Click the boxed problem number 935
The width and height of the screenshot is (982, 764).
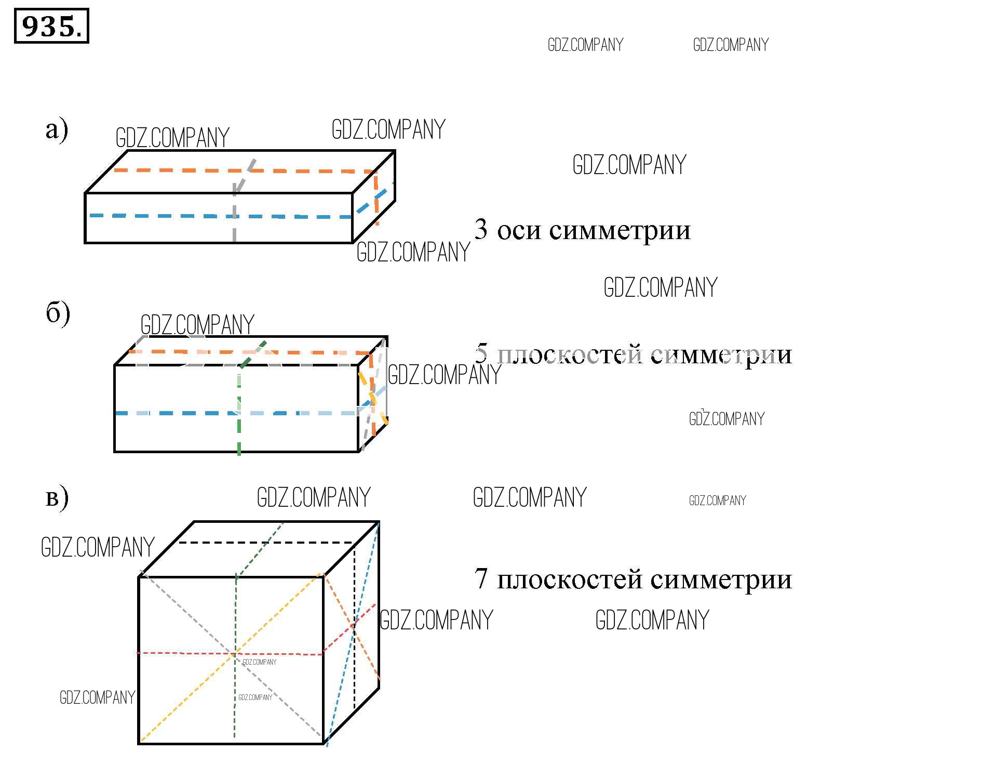coord(51,26)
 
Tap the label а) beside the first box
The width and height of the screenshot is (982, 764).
coord(57,129)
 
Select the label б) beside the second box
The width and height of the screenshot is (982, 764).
coord(58,313)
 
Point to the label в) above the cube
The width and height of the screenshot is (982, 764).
coord(57,498)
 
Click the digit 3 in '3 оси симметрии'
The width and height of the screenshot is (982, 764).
coord(481,229)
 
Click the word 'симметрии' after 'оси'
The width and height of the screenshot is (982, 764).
coord(620,231)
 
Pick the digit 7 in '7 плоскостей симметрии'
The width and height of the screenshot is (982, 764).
coord(481,578)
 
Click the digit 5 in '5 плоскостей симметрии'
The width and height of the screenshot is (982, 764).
coord(481,354)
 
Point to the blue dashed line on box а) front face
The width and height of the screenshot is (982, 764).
coord(221,216)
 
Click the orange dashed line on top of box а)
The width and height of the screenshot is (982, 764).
coord(244,170)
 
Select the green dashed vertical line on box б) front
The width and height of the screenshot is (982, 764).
coord(239,411)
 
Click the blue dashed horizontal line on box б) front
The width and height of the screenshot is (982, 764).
coord(236,413)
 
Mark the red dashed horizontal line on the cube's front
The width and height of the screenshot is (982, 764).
coord(230,653)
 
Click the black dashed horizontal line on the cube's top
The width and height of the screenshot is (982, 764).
coord(266,543)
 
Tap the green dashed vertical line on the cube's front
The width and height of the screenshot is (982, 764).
coord(235,657)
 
